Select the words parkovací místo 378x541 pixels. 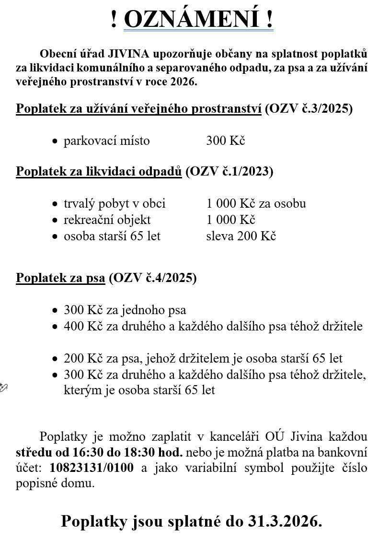coord(107,141)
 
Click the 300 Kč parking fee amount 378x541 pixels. coord(226,141)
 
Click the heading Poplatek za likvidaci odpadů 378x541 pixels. coord(99,171)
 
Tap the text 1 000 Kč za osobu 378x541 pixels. coord(256,203)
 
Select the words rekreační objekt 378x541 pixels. coord(107,220)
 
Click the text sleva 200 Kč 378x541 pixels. coord(241,236)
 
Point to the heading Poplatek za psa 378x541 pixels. coord(60,278)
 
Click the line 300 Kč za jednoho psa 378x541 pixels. coord(125,310)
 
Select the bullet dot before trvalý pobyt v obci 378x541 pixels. coord(55,204)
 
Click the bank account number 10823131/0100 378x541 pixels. coord(92,468)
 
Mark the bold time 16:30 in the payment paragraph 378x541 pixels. coord(88,452)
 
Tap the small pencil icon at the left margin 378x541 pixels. coord(3,387)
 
